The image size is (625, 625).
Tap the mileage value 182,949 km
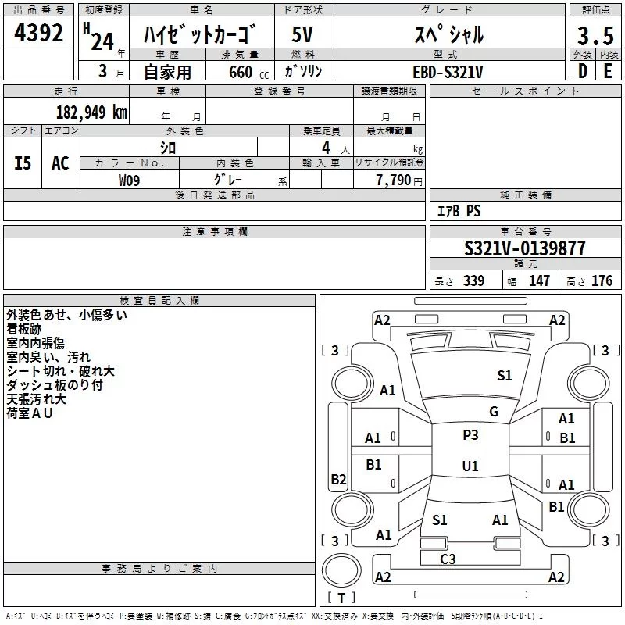coord(91,112)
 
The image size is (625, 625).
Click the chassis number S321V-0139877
coord(525,248)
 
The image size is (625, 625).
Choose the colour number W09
coord(130,180)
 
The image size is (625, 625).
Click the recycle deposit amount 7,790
coord(394,180)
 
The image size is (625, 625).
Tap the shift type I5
coord(23,163)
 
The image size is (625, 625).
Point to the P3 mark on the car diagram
coord(470,435)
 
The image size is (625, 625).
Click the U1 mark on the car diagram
coord(470,466)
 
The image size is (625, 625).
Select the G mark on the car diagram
coord(494,411)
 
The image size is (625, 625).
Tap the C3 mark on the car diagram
coord(448,559)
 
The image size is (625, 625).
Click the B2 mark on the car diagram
coord(338,480)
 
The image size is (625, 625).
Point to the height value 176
coord(602,281)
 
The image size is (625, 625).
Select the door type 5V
coord(304,34)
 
